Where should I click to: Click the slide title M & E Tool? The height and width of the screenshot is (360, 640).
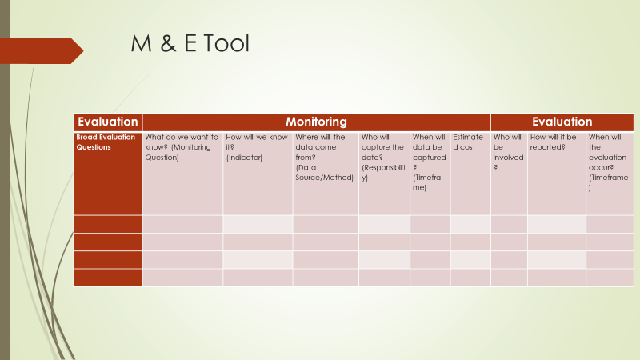coord(190,43)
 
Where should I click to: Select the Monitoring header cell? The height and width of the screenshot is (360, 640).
coord(316,122)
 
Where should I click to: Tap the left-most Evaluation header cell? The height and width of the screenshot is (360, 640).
coord(108,122)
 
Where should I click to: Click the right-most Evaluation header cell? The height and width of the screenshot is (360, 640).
coord(562,122)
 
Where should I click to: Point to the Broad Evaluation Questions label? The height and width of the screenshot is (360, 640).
coord(106,142)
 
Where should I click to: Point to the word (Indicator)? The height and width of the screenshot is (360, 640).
coord(245,158)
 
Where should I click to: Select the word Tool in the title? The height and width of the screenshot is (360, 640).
coord(226,43)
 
